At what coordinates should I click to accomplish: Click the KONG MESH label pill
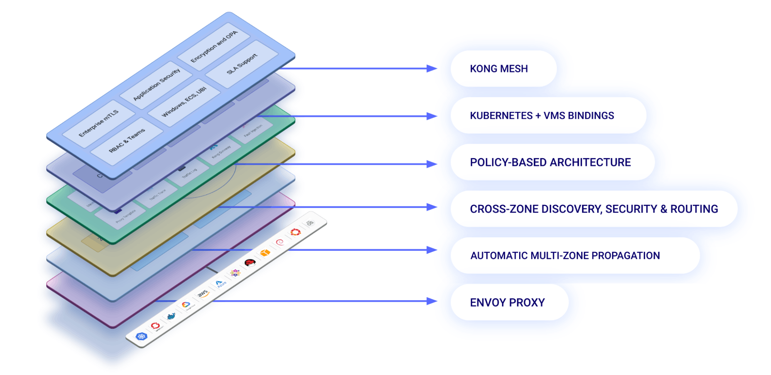pyautogui.click(x=499, y=69)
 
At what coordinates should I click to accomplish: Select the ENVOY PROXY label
pyautogui.click(x=507, y=302)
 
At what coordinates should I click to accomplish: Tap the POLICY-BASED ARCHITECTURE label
pyautogui.click(x=550, y=162)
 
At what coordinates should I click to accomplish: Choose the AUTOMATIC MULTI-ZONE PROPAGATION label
pyautogui.click(x=565, y=256)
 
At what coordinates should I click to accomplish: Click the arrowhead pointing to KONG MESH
pyautogui.click(x=432, y=69)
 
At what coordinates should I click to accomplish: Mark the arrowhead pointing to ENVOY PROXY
pyautogui.click(x=432, y=301)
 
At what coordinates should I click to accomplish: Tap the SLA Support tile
pyautogui.click(x=242, y=64)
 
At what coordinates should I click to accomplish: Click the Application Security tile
pyautogui.click(x=156, y=84)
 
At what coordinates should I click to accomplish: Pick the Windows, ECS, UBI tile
pyautogui.click(x=184, y=102)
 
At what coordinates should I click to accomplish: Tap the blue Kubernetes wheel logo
pyautogui.click(x=142, y=336)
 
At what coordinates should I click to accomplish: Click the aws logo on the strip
pyautogui.click(x=203, y=294)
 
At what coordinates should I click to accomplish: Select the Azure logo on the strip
pyautogui.click(x=220, y=284)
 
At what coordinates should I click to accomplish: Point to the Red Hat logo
pyautogui.click(x=250, y=263)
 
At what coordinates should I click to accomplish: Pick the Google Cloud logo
pyautogui.click(x=186, y=305)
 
